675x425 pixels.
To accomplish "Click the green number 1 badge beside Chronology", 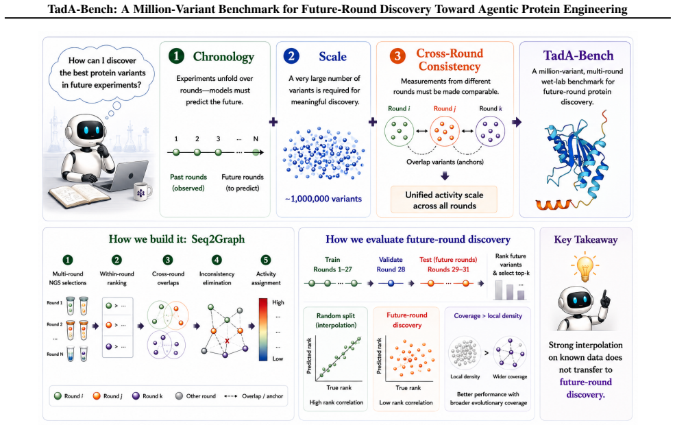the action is click(176, 56).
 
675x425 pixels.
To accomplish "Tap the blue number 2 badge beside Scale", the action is click(291, 56).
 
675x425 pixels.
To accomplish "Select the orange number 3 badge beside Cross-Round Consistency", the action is click(397, 56).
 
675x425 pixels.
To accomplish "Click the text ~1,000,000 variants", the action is click(323, 199).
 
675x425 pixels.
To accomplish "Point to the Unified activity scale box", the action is click(444, 199).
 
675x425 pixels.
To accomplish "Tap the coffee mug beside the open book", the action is click(142, 191).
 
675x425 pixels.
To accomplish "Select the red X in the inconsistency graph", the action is click(228, 341).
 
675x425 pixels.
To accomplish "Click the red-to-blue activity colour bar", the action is click(263, 330).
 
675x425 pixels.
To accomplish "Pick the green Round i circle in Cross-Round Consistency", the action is click(399, 131).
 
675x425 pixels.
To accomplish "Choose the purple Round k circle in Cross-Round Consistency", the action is click(491, 131).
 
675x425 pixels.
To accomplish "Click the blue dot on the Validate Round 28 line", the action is click(391, 283).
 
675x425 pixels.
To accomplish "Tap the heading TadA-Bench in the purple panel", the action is click(578, 56).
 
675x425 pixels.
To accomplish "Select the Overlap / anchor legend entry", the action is click(254, 396).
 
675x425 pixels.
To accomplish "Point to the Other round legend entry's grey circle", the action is click(179, 396).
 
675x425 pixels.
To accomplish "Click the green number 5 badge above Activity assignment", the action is click(266, 260).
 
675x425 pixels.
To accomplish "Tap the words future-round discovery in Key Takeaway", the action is click(585, 388).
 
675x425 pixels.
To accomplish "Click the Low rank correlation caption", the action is click(406, 402).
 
